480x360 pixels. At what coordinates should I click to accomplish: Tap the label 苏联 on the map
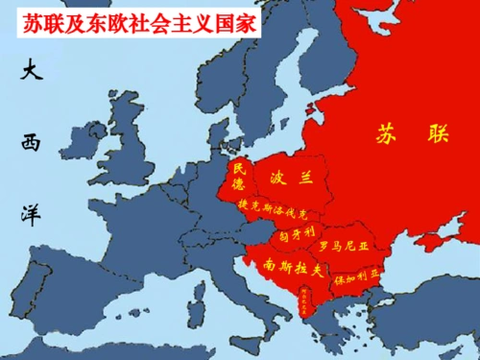coord(412,135)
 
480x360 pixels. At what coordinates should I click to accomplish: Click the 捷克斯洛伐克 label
coord(273,208)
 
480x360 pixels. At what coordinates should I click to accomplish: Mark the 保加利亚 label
coord(356,274)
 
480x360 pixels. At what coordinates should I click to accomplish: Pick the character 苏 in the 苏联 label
coord(386,135)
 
